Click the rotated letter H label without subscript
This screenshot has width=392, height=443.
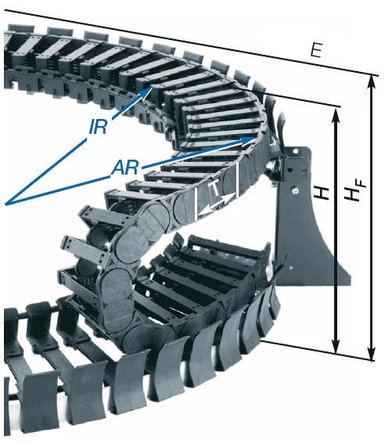[321, 192]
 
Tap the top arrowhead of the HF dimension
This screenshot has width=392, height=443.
[371, 81]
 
